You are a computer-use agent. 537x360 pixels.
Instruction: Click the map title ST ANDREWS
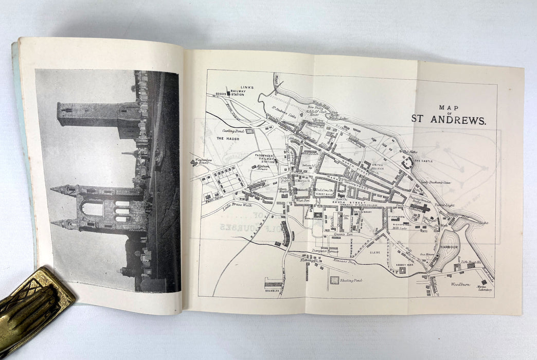pyautogui.click(x=448, y=119)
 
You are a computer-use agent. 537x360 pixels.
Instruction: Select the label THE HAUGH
pyautogui.click(x=226, y=139)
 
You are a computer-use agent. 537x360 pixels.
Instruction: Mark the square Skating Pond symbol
pyautogui.click(x=335, y=281)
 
